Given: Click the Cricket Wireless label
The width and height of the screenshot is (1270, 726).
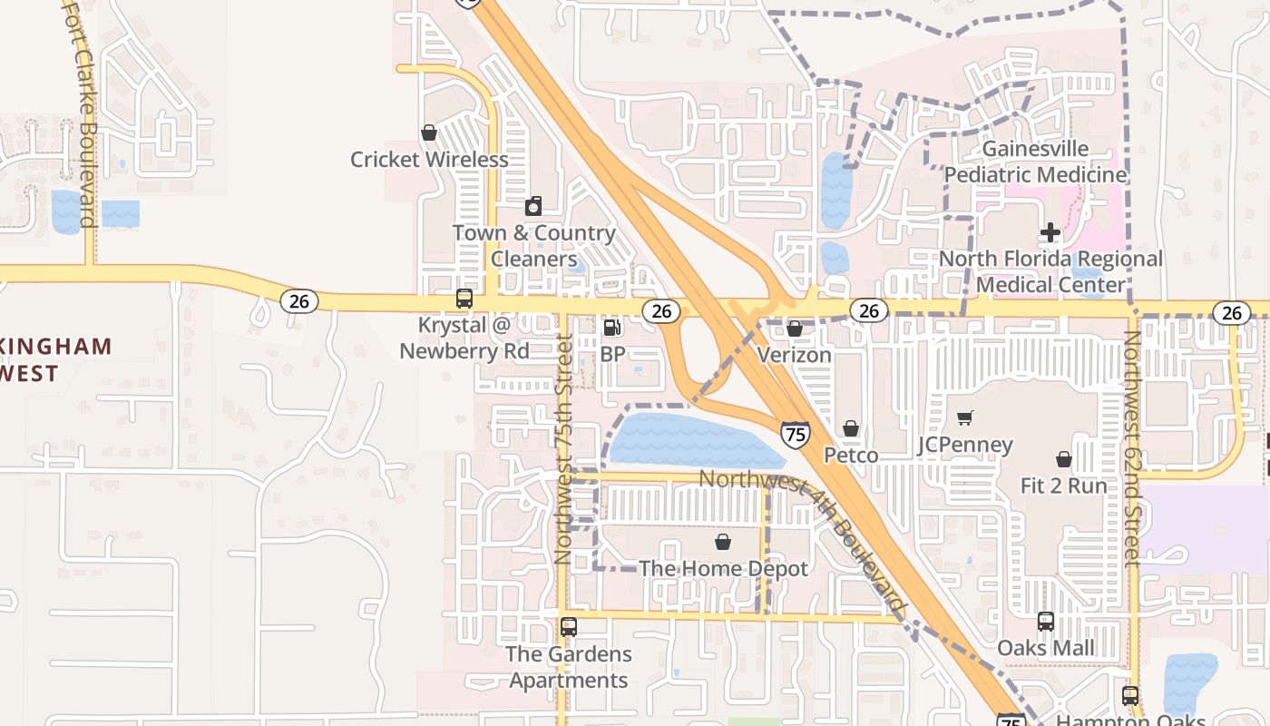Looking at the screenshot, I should pyautogui.click(x=429, y=160).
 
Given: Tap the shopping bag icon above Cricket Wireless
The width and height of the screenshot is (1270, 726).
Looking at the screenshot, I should pyautogui.click(x=429, y=132).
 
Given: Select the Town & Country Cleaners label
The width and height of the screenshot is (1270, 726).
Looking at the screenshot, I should pyautogui.click(x=533, y=246).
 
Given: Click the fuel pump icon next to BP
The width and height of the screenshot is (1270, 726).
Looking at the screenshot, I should pyautogui.click(x=612, y=327).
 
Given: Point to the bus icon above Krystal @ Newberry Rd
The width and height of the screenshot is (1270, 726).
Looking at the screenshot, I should pyautogui.click(x=464, y=298).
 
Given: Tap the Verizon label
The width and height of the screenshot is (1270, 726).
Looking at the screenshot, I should pyautogui.click(x=795, y=355).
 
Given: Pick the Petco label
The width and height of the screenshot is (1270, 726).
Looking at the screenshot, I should pyautogui.click(x=851, y=455).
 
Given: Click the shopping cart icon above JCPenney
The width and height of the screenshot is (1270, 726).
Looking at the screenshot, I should pyautogui.click(x=964, y=417).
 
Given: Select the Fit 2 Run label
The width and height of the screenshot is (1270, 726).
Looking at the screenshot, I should pyautogui.click(x=1064, y=486).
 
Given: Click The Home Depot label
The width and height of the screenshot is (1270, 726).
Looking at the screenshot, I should pyautogui.click(x=723, y=569).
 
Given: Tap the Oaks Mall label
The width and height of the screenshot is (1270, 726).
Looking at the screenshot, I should pyautogui.click(x=1046, y=648).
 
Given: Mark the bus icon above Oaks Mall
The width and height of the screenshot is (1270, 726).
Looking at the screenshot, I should pyautogui.click(x=1046, y=622).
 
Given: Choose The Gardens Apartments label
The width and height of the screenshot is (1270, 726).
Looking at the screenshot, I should pyautogui.click(x=569, y=667).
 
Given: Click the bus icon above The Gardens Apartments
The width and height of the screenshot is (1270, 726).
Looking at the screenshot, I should pyautogui.click(x=569, y=626).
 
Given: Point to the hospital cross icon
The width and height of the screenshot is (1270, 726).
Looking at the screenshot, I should pyautogui.click(x=1050, y=232).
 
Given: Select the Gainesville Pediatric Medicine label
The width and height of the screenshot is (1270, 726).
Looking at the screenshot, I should pyautogui.click(x=1036, y=162).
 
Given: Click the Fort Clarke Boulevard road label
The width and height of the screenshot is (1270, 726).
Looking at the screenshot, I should pyautogui.click(x=80, y=113).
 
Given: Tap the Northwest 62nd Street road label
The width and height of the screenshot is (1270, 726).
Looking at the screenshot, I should pyautogui.click(x=1131, y=449).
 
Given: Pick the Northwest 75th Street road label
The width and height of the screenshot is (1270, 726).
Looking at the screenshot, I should pyautogui.click(x=563, y=449).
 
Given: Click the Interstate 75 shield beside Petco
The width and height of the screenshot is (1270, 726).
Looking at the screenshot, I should pyautogui.click(x=795, y=435).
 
